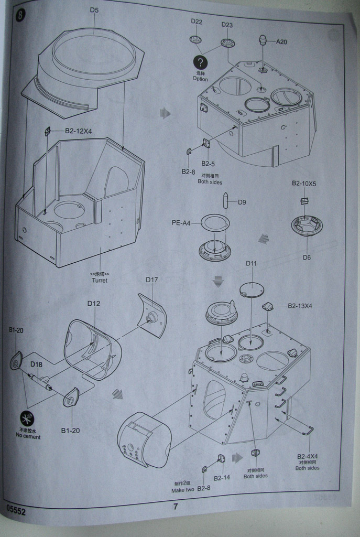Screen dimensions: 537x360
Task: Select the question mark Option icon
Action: tap(200, 62)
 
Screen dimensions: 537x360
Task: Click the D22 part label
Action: tap(197, 22)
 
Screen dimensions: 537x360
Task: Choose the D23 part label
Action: tap(227, 25)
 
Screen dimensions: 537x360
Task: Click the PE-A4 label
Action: tap(181, 222)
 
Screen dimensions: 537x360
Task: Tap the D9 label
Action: tap(242, 202)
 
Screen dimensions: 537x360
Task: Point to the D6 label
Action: tap(307, 257)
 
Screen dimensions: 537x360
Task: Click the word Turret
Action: tap(100, 280)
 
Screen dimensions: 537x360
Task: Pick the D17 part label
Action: tap(151, 280)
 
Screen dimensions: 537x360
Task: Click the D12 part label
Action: tap(94, 303)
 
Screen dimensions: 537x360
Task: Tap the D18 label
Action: tap(36, 364)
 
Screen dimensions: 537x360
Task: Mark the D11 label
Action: tap(251, 263)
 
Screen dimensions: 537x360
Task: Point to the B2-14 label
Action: tap(222, 478)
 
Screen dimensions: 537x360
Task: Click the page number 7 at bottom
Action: tap(176, 507)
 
